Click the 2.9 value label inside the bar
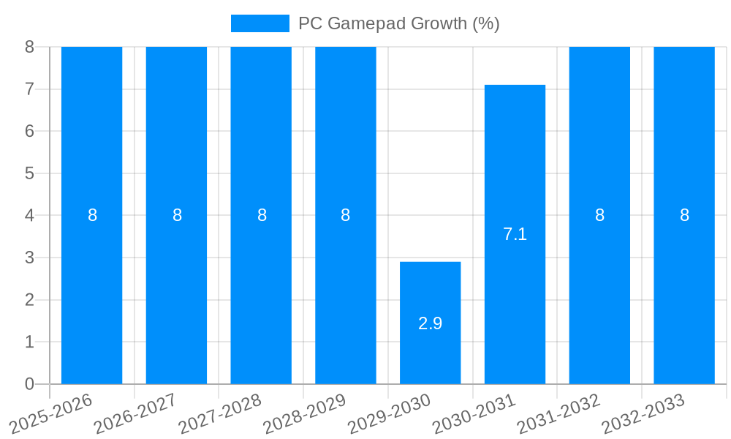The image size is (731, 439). pyautogui.click(x=430, y=323)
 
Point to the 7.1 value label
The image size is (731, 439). pyautogui.click(x=515, y=234)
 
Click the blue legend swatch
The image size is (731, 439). pyautogui.click(x=260, y=23)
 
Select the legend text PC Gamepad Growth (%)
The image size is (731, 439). pyautogui.click(x=398, y=23)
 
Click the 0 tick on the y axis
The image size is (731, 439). pyautogui.click(x=29, y=384)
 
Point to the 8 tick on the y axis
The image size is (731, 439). pyautogui.click(x=29, y=47)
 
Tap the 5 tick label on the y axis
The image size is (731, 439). pyautogui.click(x=29, y=173)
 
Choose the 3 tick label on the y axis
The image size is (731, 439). pyautogui.click(x=29, y=258)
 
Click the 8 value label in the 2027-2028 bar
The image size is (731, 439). pyautogui.click(x=261, y=215)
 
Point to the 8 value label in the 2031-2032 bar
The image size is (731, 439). pyautogui.click(x=599, y=215)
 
